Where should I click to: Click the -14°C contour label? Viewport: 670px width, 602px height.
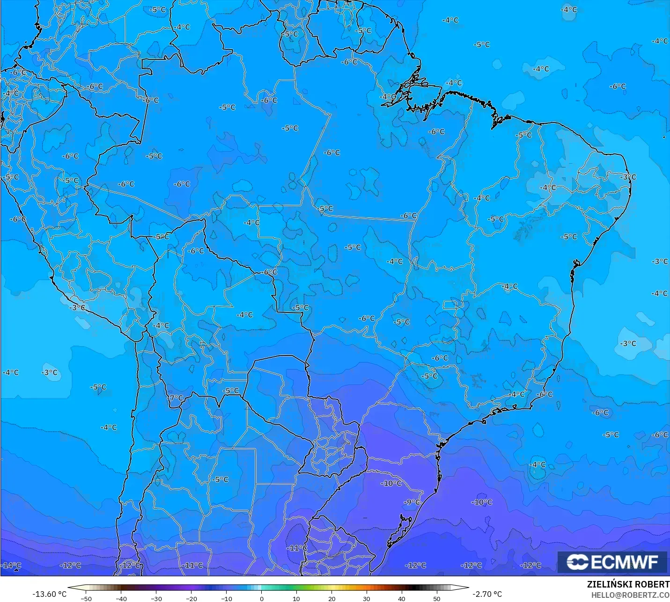(x=11, y=566)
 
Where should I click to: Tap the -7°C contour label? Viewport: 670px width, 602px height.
(x=176, y=398)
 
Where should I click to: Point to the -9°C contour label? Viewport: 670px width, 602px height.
(x=412, y=502)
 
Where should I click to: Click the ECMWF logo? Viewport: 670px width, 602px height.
(x=612, y=562)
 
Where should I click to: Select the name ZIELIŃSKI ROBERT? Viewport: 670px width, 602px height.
(x=628, y=585)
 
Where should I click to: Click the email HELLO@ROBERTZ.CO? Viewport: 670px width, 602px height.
(x=630, y=595)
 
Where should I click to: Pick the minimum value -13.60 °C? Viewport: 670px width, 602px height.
(x=49, y=594)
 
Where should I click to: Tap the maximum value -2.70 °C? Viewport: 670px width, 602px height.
(x=487, y=594)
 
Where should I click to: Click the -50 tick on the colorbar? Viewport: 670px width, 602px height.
(x=86, y=599)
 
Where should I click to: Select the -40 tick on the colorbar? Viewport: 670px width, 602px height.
(x=121, y=599)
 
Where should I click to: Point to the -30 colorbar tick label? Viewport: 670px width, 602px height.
(x=156, y=599)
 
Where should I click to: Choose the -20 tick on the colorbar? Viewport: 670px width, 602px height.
(x=191, y=599)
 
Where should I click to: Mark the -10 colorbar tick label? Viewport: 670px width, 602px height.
(x=227, y=599)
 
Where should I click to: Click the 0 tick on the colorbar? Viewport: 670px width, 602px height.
(x=262, y=599)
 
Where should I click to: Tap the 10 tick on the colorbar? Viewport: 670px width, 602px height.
(x=296, y=599)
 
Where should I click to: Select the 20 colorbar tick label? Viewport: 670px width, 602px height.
(x=331, y=599)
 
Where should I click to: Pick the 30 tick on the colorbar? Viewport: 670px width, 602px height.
(x=367, y=599)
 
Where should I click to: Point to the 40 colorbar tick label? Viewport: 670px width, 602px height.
(x=402, y=599)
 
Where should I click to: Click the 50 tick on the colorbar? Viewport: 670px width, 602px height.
(x=437, y=599)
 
